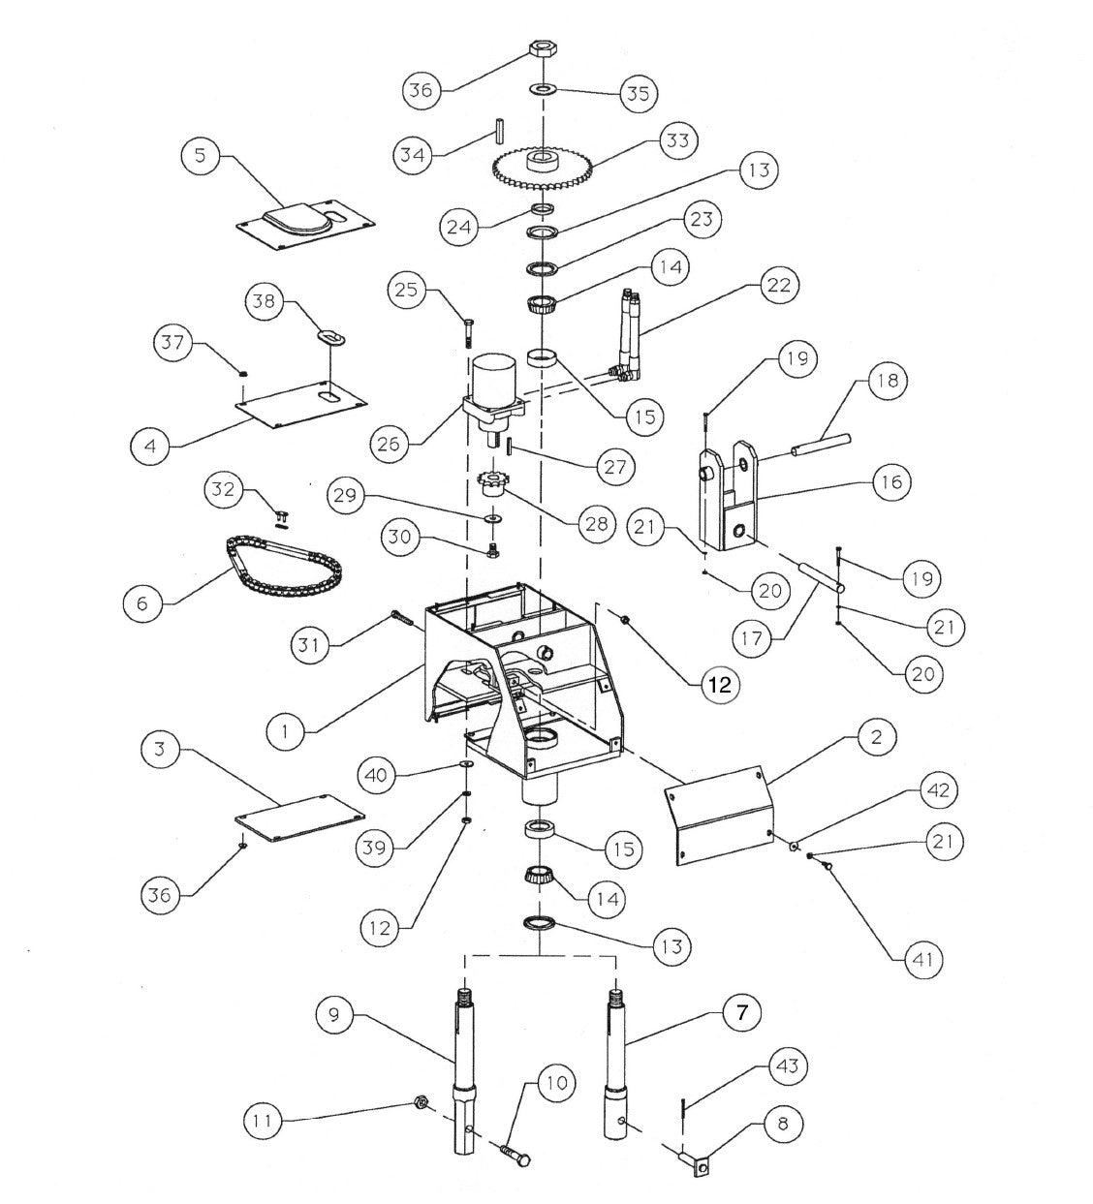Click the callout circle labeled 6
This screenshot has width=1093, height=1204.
[143, 602]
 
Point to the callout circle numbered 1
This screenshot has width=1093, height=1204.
[285, 730]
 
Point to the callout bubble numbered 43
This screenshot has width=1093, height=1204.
[787, 1065]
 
